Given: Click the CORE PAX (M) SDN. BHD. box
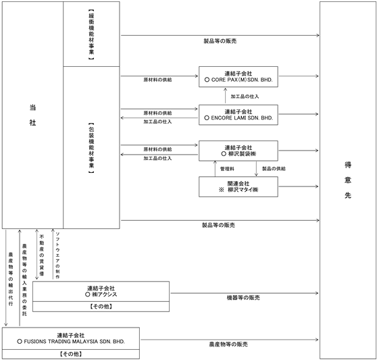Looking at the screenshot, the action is click(x=238, y=77).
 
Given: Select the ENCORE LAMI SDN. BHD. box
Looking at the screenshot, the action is click(x=238, y=115).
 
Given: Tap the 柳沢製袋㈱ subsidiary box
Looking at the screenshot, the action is click(x=238, y=151).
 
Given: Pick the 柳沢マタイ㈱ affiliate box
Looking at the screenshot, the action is click(x=238, y=186).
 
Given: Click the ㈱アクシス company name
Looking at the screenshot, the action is click(x=104, y=294).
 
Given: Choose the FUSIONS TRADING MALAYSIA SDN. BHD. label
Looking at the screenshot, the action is click(x=74, y=342).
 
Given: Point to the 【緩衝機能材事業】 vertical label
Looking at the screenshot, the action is click(x=91, y=34).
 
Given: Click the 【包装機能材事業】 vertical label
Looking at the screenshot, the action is click(x=91, y=148).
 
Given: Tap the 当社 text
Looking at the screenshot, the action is click(x=32, y=115).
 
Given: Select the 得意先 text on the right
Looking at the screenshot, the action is click(x=348, y=180).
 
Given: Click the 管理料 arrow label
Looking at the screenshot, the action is click(x=227, y=169).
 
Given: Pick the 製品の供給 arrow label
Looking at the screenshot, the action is click(x=274, y=169).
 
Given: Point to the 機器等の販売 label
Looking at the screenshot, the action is click(x=243, y=298).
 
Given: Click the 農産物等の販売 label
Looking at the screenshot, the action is click(x=228, y=344).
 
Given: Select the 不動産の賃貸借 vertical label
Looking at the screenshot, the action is click(x=42, y=255).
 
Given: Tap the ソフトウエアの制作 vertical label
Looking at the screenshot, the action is click(x=57, y=255).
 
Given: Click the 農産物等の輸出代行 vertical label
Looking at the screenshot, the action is click(x=11, y=279).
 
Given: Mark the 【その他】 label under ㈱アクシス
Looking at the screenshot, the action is click(x=101, y=307).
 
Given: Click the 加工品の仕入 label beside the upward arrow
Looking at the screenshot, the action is click(x=245, y=97).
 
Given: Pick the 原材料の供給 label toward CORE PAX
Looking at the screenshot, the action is click(x=157, y=80).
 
